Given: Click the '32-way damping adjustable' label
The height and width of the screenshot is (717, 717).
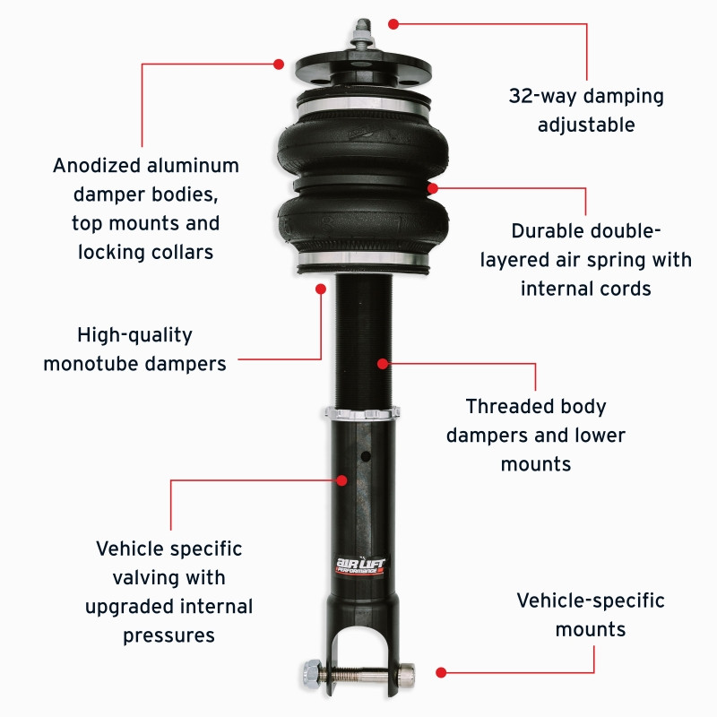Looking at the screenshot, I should click(x=586, y=109).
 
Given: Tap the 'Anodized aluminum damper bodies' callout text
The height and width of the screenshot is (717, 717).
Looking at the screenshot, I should click(x=146, y=208).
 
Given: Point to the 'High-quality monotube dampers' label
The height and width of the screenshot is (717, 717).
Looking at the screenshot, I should click(x=134, y=350).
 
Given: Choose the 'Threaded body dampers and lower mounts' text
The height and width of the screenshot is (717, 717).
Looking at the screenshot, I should click(x=536, y=435).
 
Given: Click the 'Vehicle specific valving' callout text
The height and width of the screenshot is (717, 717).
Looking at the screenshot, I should click(x=169, y=592).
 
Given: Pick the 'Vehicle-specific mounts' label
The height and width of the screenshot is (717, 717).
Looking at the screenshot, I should click(x=591, y=614).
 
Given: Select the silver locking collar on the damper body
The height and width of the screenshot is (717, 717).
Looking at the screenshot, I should click(x=363, y=414).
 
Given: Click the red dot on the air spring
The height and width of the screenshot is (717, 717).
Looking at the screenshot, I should click(x=433, y=188).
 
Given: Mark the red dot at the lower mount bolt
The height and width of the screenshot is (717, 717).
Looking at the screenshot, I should click(x=441, y=671).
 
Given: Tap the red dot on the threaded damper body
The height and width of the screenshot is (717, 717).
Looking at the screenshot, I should click(x=383, y=364).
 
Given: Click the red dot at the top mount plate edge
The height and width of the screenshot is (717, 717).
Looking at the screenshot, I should click(x=279, y=64).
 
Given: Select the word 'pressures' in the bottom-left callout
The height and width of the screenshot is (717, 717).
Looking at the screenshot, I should click(x=169, y=635).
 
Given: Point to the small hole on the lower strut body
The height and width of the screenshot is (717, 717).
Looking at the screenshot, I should click(x=365, y=455).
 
